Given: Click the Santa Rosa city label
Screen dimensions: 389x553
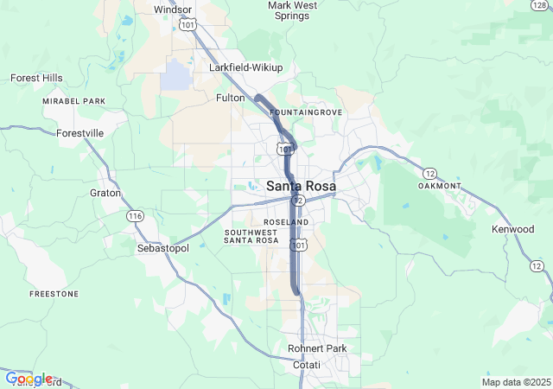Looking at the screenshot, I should click(x=301, y=186).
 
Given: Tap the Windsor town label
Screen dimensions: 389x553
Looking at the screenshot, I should click(x=172, y=10).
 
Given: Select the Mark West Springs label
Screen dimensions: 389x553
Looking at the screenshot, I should click(x=292, y=10).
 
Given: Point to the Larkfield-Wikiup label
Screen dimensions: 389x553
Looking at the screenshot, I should click(x=245, y=67).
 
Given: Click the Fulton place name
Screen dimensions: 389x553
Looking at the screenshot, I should click(x=231, y=99).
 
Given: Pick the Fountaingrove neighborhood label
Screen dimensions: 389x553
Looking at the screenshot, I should click(x=306, y=113).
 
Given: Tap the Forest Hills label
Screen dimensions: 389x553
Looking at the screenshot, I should click(x=36, y=78).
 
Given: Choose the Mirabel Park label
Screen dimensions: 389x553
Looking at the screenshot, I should click(x=73, y=101).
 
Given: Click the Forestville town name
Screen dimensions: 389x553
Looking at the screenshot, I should click(x=80, y=133).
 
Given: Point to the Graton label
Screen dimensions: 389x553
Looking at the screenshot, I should click(x=105, y=193).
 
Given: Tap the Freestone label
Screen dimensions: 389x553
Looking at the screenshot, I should click(x=54, y=294).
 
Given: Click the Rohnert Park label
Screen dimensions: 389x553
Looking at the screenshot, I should click(x=317, y=348).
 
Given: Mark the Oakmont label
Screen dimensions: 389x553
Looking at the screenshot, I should click(x=439, y=186).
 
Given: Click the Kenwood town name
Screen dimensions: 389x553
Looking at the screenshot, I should click(x=512, y=229).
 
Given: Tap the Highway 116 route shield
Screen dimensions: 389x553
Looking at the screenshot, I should click(x=134, y=215).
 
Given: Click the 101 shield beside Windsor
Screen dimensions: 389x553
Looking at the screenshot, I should click(x=188, y=26).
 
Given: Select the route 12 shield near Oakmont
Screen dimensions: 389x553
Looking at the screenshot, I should click(x=429, y=173).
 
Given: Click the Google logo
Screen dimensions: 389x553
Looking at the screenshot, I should click(x=29, y=378).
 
